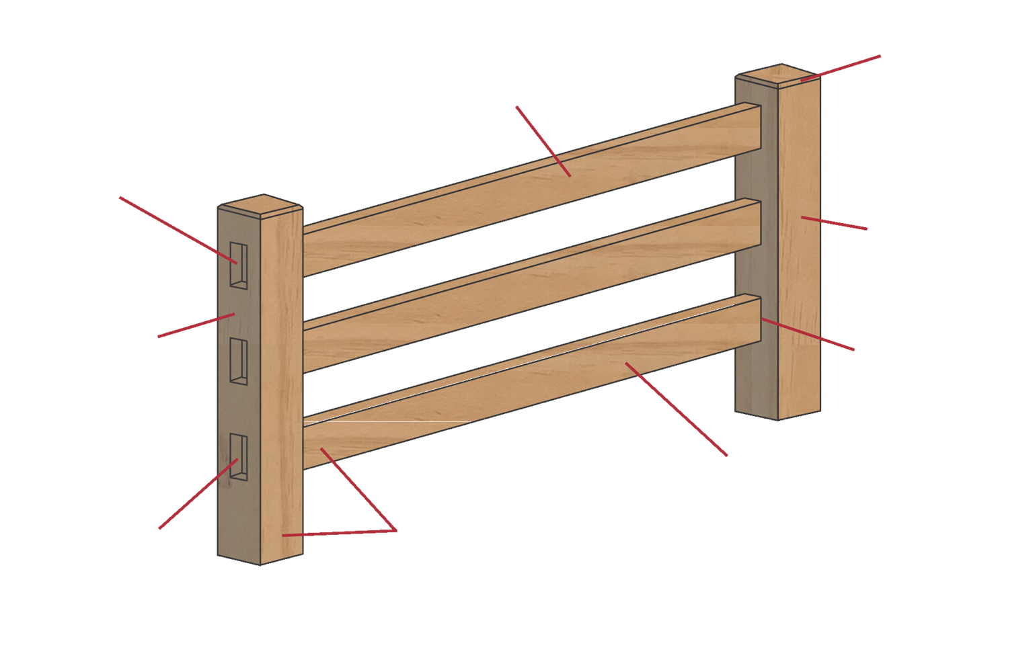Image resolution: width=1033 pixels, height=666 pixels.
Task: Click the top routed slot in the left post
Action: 238,265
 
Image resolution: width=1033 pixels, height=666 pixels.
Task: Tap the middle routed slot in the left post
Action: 238,362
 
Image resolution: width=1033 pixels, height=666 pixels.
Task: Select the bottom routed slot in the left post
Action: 238,457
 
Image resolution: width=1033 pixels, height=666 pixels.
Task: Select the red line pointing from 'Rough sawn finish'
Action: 834,224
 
